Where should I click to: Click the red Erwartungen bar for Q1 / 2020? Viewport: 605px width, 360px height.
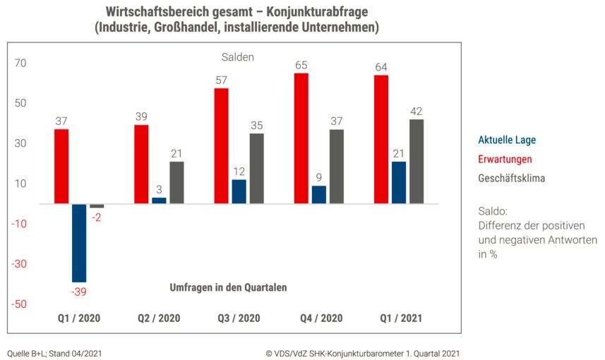61,167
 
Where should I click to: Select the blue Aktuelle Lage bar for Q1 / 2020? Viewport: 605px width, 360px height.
79,243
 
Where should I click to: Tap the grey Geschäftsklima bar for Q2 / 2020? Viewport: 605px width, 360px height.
176,183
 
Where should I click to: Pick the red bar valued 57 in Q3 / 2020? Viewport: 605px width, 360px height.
221,146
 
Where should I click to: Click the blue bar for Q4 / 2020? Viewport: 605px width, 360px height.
319,195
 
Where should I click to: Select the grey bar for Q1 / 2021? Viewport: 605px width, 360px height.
417,162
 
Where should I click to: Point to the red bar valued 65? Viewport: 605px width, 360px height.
301,138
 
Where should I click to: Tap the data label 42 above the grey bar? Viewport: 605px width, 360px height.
417,111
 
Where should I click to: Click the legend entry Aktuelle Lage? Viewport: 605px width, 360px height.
507,140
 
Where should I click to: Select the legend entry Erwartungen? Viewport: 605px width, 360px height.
505,159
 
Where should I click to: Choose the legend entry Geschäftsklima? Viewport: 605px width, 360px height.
511,178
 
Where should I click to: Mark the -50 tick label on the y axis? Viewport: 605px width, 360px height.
18,304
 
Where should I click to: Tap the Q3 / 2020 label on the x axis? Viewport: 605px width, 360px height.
238,318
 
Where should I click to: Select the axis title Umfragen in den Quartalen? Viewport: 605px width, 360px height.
228,287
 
